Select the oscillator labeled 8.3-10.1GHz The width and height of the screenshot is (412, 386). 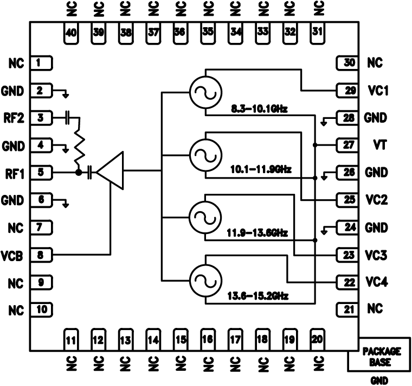pyautogui.click(x=205, y=92)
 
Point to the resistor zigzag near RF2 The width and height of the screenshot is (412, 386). pyautogui.click(x=79, y=144)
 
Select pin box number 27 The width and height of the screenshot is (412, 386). pyautogui.click(x=346, y=145)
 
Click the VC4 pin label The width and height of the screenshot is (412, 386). pyautogui.click(x=376, y=282)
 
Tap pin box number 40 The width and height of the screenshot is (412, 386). pyautogui.click(x=70, y=32)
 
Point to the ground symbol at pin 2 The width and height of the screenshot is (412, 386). pyautogui.click(x=66, y=94)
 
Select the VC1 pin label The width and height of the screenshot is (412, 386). pyautogui.click(x=376, y=90)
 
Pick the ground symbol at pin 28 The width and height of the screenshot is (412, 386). pyautogui.click(x=324, y=121)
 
